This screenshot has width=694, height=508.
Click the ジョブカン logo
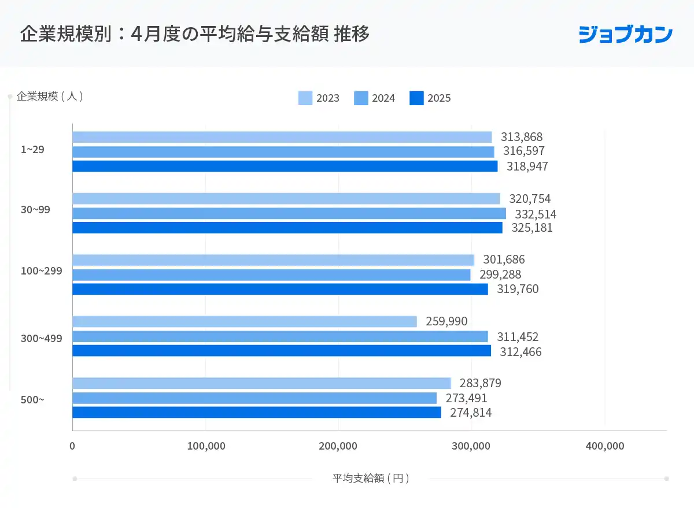pos(625,34)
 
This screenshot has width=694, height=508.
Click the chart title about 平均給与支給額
pos(195,34)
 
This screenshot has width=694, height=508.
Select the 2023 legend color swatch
pos(305,98)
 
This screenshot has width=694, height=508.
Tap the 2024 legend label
pos(383,98)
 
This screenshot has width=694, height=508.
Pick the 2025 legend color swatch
pos(416,98)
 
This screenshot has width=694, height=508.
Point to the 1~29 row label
pos(32,149)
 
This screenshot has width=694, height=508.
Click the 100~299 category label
pos(41,270)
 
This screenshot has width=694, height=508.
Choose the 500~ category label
pos(32,399)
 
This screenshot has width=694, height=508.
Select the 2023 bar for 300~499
pos(244,322)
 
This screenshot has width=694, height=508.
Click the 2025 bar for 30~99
pos(287,228)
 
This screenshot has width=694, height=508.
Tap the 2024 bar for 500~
pos(254,398)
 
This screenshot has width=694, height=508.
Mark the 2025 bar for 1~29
pos(285,166)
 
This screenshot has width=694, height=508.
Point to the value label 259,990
pos(446,321)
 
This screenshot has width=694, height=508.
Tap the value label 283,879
pos(480,383)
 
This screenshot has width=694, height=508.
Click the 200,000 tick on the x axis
pos(338,446)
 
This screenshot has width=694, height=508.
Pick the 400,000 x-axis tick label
pos(604,446)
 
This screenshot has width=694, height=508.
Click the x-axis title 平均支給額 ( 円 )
pos(371,479)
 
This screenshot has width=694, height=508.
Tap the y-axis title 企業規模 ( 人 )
pos(50,97)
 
